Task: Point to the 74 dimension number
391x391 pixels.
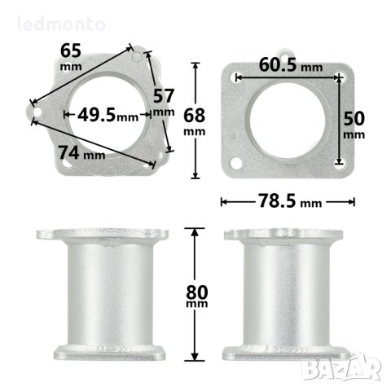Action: pos(69,152)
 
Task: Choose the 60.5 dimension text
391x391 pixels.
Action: pos(278,64)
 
